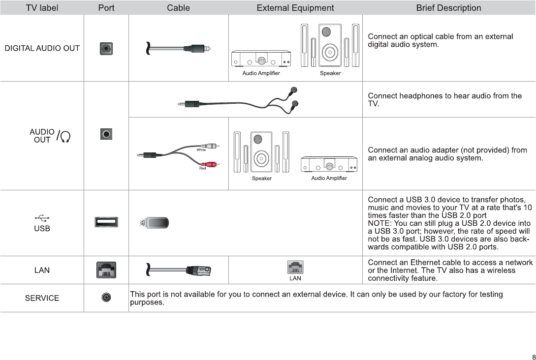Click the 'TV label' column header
coord(42,8)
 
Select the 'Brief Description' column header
coord(448,8)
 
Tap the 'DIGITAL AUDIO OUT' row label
coord(42,48)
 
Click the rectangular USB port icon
coord(106,222)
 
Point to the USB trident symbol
coord(42,218)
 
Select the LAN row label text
coord(42,270)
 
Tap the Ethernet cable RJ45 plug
coord(199,270)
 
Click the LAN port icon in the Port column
coord(106,270)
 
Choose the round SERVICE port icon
coord(106,298)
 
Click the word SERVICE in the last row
coord(42,298)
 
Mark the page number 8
coord(533,357)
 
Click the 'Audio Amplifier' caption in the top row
coord(261,73)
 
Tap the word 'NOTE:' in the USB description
coord(379,223)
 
